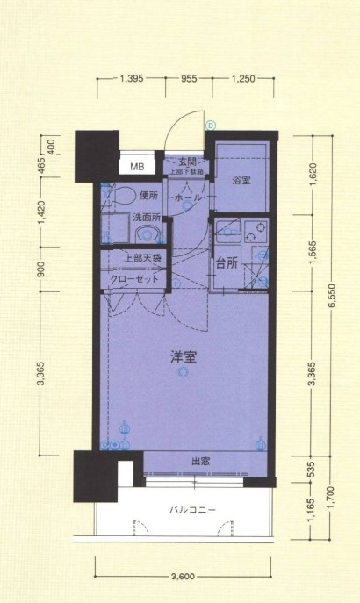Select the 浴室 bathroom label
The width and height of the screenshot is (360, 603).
pyautogui.click(x=241, y=180)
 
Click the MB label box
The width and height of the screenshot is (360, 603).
pyautogui.click(x=137, y=166)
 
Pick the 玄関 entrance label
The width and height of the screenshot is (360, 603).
pyautogui.click(x=186, y=162)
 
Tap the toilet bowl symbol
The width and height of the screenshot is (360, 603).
pyautogui.click(x=121, y=195)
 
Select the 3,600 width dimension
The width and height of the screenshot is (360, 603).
pyautogui.click(x=183, y=577)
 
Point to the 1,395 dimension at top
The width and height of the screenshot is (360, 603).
pyautogui.click(x=131, y=79)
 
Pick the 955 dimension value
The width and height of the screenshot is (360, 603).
pyautogui.click(x=189, y=79)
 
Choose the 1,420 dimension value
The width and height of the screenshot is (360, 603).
pyautogui.click(x=41, y=212)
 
